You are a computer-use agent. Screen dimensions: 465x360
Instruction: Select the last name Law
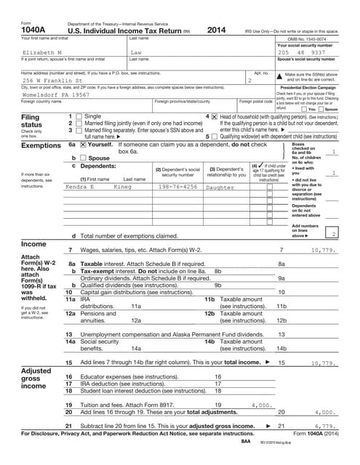click(135, 53)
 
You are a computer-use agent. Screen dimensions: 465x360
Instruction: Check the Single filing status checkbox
click(79, 116)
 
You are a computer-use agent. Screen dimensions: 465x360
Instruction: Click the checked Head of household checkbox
click(214, 116)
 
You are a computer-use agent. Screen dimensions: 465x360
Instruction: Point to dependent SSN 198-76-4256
click(177, 187)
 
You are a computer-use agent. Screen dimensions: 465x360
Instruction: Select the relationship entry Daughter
click(220, 187)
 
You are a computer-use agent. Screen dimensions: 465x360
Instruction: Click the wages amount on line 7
click(321, 249)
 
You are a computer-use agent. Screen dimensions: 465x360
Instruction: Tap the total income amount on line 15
click(321, 362)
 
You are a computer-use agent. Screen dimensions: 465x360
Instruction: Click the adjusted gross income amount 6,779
click(324, 426)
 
